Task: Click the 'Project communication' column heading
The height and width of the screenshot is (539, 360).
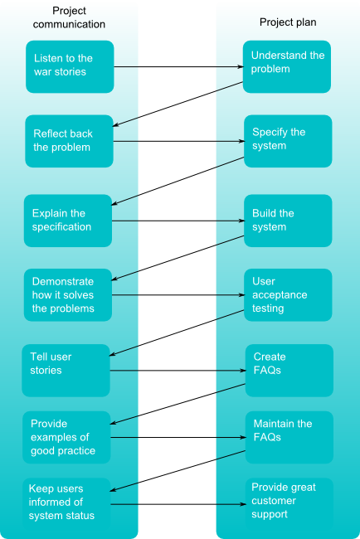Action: [69, 17]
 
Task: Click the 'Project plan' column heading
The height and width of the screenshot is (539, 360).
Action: [288, 22]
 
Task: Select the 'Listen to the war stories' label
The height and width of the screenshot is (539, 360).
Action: [63, 65]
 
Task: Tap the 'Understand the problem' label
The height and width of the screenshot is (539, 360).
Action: [288, 62]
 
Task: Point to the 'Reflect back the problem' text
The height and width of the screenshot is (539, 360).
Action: [62, 140]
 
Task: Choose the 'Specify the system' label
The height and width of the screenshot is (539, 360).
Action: [279, 138]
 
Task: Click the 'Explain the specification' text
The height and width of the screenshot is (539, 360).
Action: [61, 220]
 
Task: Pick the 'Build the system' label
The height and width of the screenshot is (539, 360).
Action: [273, 220]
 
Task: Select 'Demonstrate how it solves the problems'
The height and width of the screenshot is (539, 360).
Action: [63, 294]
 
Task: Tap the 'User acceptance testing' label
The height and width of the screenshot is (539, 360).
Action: [280, 294]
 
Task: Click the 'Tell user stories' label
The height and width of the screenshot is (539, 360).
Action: [51, 363]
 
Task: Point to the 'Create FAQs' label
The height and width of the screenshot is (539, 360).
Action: [270, 363]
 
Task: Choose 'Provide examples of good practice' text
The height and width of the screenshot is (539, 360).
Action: [63, 437]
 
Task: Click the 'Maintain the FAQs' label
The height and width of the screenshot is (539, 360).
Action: [283, 430]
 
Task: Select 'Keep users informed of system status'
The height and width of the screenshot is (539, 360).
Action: [61, 502]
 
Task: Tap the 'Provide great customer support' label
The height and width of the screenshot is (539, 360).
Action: [284, 501]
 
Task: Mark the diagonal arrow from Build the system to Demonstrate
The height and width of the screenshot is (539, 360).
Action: [178, 258]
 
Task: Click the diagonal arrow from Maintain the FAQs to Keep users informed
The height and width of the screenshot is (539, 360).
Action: [178, 471]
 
